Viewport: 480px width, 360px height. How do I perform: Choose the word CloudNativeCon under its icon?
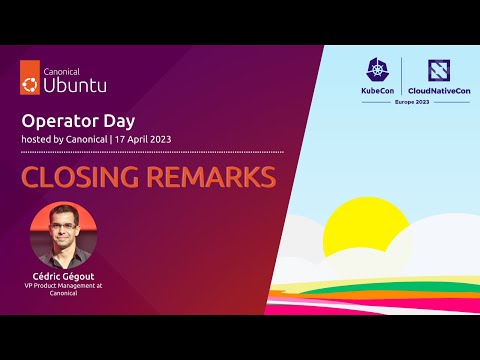[x=441, y=92]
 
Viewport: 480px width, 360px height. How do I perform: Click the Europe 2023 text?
[x=411, y=103]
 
